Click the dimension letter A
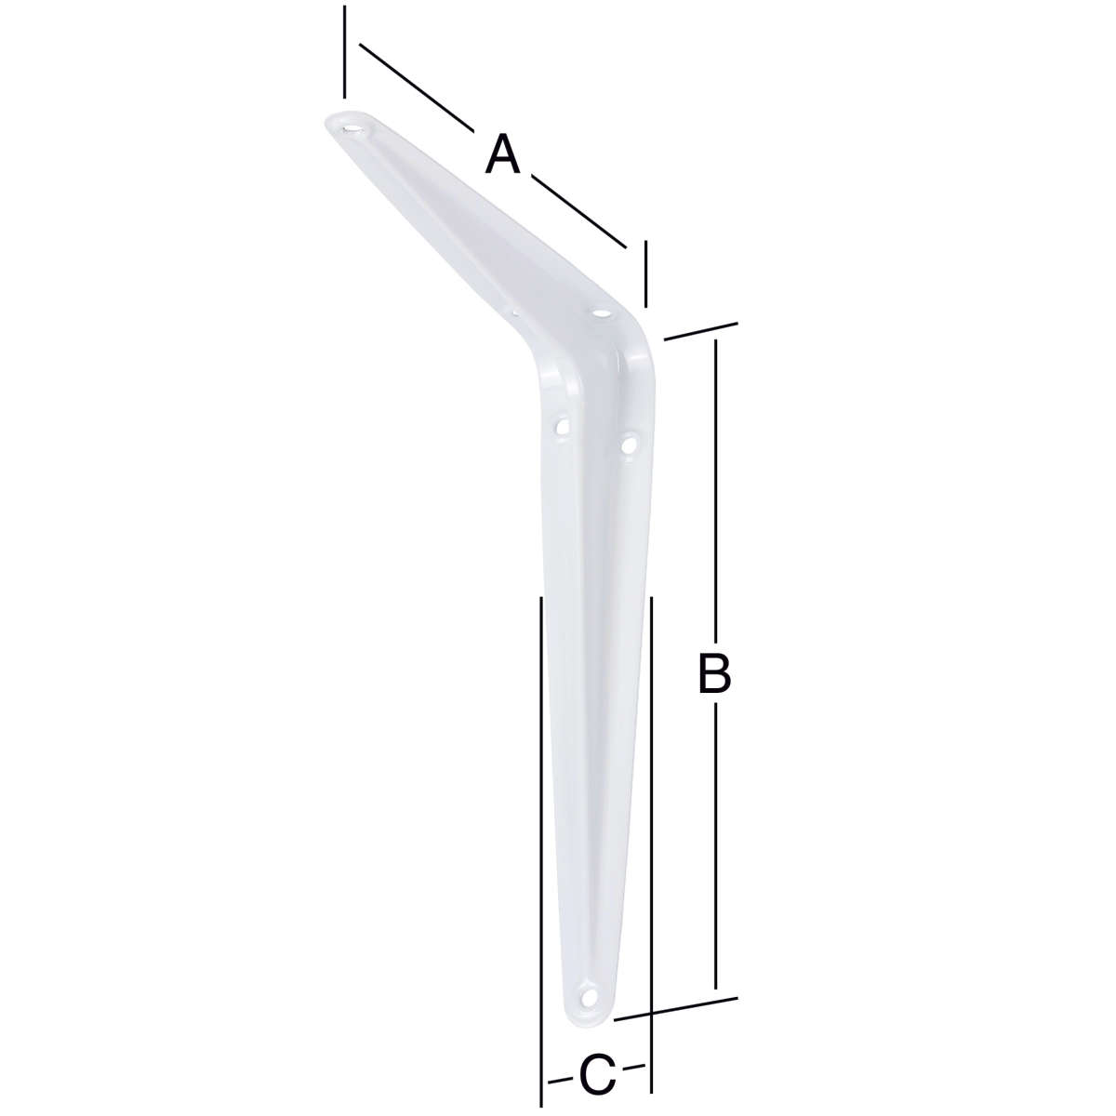[x=503, y=153]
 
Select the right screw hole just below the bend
[x=627, y=445]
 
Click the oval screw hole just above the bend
[x=603, y=314]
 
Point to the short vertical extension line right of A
[x=644, y=274]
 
